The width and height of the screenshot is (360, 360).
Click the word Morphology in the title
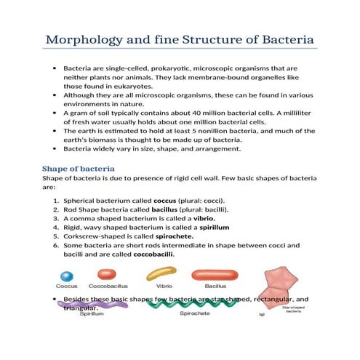pyautogui.click(x=88, y=38)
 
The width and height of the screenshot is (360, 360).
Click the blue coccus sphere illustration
pyautogui.click(x=67, y=276)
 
